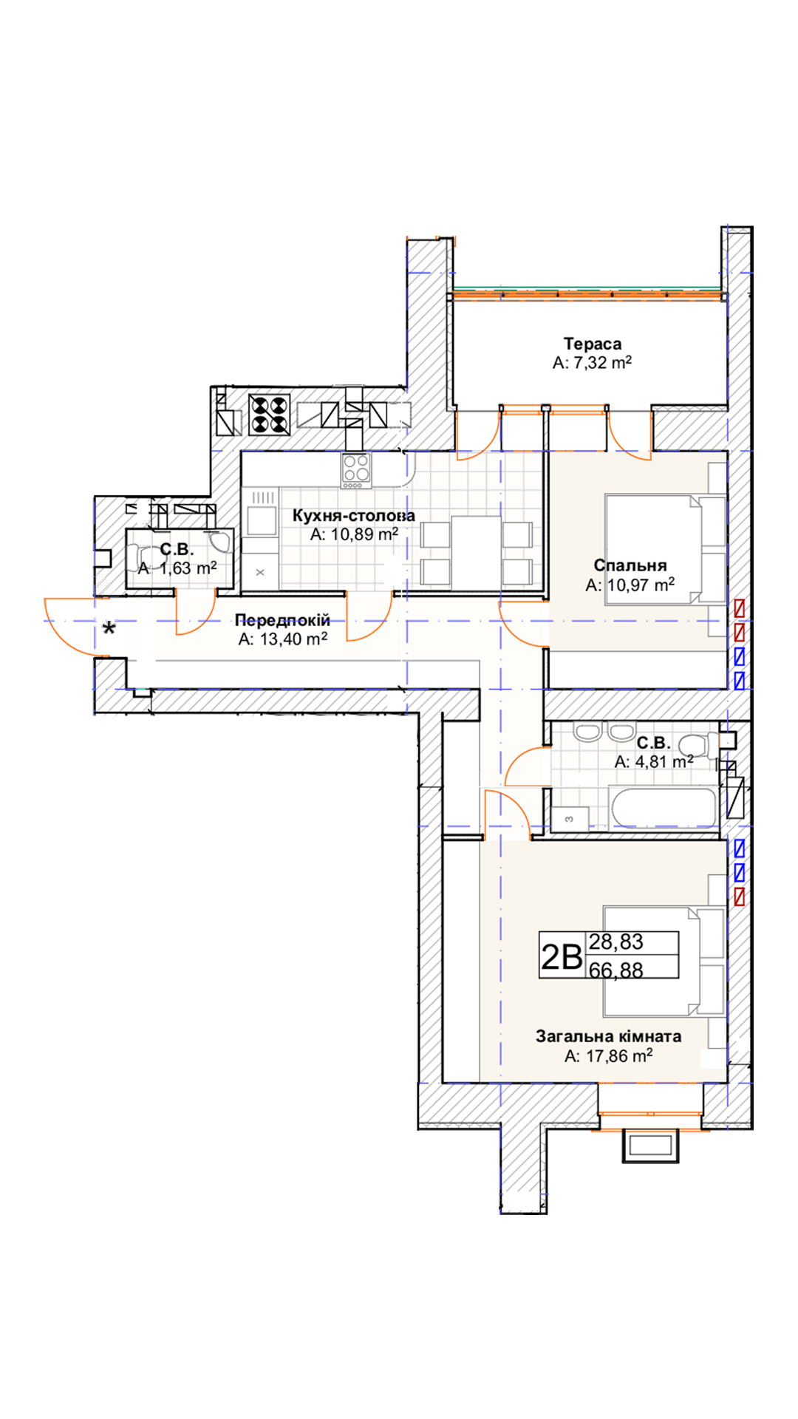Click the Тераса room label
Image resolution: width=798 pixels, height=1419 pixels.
click(593, 344)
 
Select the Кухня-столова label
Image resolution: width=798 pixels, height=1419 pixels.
click(354, 515)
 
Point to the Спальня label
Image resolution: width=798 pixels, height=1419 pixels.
click(630, 565)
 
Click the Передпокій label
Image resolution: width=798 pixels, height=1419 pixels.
click(282, 620)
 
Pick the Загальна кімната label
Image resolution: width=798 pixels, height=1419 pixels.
click(609, 1036)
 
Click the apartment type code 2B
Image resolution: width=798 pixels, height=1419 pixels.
click(562, 956)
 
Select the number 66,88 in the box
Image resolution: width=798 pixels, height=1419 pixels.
click(616, 970)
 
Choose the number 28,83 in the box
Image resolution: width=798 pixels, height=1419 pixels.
click(616, 942)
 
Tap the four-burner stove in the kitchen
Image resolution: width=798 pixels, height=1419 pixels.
click(356, 470)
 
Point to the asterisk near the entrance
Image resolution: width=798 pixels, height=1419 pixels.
click(109, 630)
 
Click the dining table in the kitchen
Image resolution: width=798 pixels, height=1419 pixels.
click(476, 551)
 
